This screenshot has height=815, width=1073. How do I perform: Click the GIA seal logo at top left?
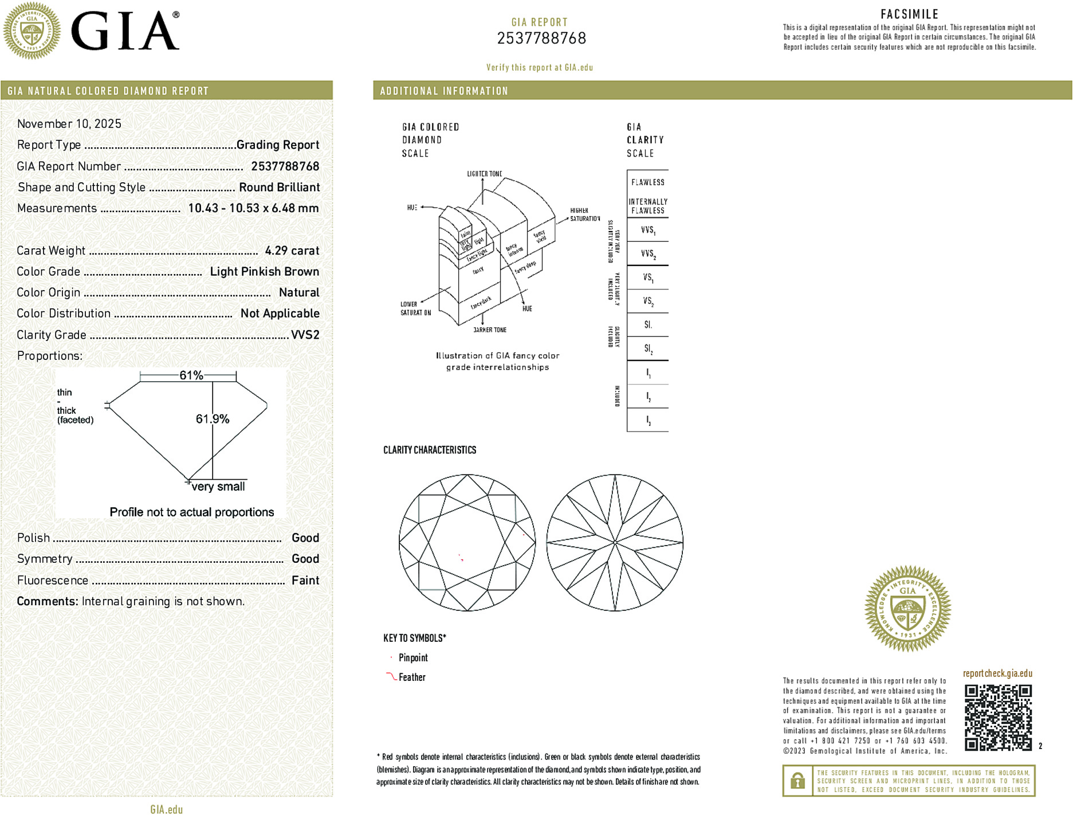[x=32, y=30]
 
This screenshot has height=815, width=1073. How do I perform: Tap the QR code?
[x=998, y=717]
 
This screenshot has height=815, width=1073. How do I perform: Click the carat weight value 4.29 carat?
[x=292, y=250]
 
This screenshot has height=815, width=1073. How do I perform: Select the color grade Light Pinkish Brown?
[x=264, y=272]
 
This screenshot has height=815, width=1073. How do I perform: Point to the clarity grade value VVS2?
[x=305, y=335]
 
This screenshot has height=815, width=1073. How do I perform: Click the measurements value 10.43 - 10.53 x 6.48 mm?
[x=253, y=209]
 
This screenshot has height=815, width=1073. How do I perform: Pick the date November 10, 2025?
[x=69, y=124]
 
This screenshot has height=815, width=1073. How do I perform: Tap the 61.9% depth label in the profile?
[x=213, y=419]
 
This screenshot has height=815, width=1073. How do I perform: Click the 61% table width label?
[x=191, y=375]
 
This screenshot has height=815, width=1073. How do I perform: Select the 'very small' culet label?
[x=218, y=487]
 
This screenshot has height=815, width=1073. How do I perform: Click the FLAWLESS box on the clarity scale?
[x=647, y=182]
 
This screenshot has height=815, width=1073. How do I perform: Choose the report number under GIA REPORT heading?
[x=541, y=38]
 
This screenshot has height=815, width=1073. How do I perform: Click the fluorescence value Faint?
[x=305, y=580]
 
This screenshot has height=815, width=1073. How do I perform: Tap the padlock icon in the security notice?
[x=797, y=781]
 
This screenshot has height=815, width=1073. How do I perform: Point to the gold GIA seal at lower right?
[x=907, y=609]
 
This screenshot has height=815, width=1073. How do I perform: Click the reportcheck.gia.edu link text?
[x=997, y=673]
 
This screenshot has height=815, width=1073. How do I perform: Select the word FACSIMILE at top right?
[x=909, y=14]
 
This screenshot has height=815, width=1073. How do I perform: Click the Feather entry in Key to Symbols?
[x=412, y=677]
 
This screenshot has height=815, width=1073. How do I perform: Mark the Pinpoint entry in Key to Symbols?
[x=413, y=658]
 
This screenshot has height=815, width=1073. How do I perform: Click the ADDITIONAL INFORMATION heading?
[x=444, y=91]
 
